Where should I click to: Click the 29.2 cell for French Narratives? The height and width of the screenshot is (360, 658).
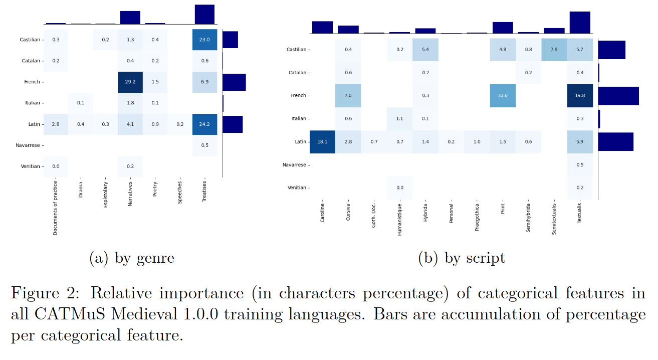click(x=130, y=82)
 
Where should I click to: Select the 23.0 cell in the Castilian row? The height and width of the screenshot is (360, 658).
click(x=204, y=40)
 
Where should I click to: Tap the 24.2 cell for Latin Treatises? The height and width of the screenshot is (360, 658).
click(x=204, y=124)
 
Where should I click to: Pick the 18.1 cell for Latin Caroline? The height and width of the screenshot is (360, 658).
click(x=322, y=142)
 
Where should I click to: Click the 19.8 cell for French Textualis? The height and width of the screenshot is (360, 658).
click(x=580, y=96)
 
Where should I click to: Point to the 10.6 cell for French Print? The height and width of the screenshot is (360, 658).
click(x=503, y=96)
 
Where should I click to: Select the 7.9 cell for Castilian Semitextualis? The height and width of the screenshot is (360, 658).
click(x=554, y=50)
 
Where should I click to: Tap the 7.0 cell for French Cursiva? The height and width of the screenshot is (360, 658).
click(x=348, y=96)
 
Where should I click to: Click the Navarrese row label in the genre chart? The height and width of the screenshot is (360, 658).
click(x=30, y=145)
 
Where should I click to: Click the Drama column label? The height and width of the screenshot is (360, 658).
click(x=81, y=190)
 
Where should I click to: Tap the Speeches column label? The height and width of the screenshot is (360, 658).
click(x=180, y=193)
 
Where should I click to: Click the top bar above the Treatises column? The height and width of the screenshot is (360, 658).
click(x=204, y=14)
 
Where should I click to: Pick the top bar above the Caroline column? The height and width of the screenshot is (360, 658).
click(x=322, y=28)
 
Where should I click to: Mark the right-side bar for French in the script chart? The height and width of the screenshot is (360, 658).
click(x=618, y=96)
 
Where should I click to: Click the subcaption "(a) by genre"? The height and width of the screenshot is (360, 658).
click(x=132, y=258)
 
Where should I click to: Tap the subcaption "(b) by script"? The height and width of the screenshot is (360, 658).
click(x=462, y=258)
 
